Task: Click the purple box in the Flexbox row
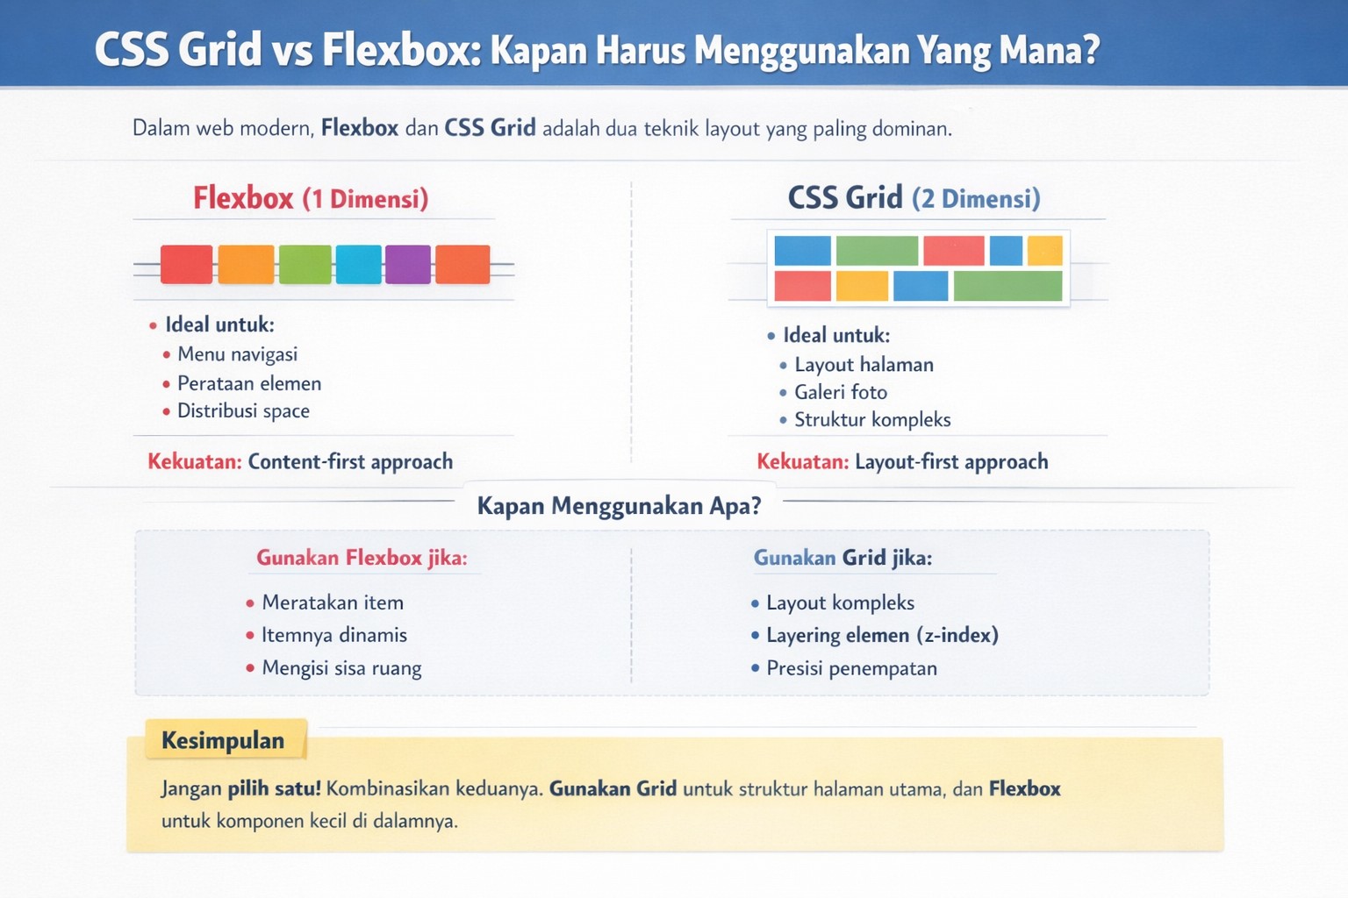(x=408, y=264)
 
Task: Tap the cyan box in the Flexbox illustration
(x=359, y=264)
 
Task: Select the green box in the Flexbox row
(x=305, y=264)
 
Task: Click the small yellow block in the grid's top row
(x=1044, y=251)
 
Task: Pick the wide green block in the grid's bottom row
(x=1007, y=286)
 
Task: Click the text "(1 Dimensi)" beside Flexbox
(x=365, y=199)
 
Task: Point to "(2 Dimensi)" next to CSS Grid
(x=976, y=199)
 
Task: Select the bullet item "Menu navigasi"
(x=237, y=354)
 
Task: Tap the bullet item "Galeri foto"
(x=841, y=392)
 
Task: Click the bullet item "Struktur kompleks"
(x=872, y=420)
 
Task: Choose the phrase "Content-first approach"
(x=350, y=462)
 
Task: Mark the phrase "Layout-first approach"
(x=951, y=462)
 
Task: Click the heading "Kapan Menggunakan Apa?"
(x=619, y=506)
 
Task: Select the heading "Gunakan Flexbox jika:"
(x=362, y=558)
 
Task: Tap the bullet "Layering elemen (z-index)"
(x=882, y=635)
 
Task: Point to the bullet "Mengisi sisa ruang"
(x=341, y=668)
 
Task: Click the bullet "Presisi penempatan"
(x=851, y=668)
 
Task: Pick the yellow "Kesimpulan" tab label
(x=223, y=741)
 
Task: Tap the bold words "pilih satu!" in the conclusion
(x=274, y=788)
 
